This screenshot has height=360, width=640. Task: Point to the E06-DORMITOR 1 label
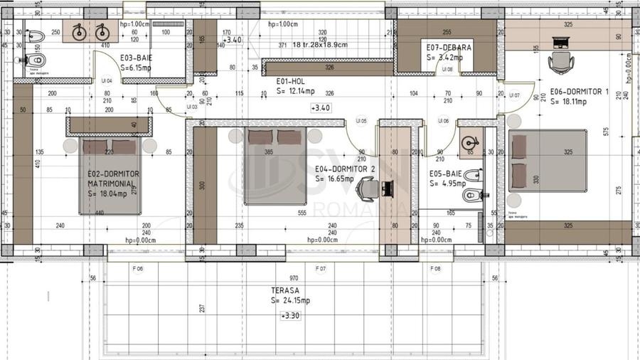(580, 92)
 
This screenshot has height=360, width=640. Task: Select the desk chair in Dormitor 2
(368, 189)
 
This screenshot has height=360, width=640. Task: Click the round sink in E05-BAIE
(470, 140)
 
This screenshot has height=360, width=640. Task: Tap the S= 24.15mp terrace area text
(289, 300)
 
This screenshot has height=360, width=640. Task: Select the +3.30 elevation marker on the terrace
(289, 314)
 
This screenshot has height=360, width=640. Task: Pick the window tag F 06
(138, 269)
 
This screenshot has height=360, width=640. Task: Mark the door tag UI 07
(514, 95)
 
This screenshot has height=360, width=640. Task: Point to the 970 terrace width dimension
(294, 278)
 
